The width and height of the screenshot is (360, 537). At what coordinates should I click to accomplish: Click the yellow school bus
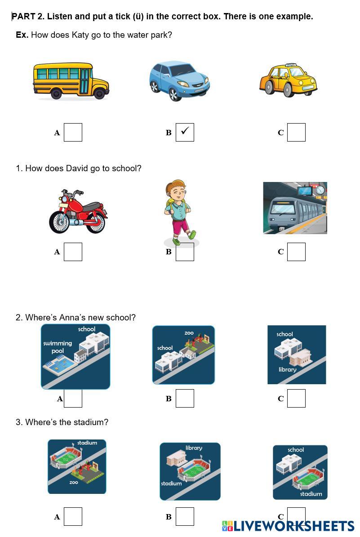coord(71,81)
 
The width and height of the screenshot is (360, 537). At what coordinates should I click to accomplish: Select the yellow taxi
coord(288,80)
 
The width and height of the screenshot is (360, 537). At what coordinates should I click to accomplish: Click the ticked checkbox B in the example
coord(185,132)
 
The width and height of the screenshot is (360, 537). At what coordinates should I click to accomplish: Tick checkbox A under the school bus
coord(73,132)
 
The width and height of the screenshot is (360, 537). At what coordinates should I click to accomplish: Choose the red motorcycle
coord(78,212)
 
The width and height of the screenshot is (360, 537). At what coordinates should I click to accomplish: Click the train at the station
coord(295,208)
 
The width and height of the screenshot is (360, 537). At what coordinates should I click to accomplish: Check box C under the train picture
coord(296,252)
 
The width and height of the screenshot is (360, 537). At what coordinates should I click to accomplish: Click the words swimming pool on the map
coord(58,347)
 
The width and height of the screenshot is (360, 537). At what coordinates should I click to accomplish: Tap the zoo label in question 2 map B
coord(189,333)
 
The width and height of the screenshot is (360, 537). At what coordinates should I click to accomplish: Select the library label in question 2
coord(287,369)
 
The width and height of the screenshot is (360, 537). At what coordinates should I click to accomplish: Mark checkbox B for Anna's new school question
coord(185,398)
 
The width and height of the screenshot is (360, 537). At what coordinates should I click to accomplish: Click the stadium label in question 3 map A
coord(87,443)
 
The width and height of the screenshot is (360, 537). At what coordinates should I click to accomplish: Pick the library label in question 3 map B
coord(194,448)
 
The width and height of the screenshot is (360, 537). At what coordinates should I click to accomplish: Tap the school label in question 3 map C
coord(296,450)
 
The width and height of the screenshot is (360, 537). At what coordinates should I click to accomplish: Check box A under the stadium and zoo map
coord(73,516)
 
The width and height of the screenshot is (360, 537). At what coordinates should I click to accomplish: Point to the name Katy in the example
coord(80,35)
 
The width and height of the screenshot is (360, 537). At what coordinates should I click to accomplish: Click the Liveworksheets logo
coord(288,526)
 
